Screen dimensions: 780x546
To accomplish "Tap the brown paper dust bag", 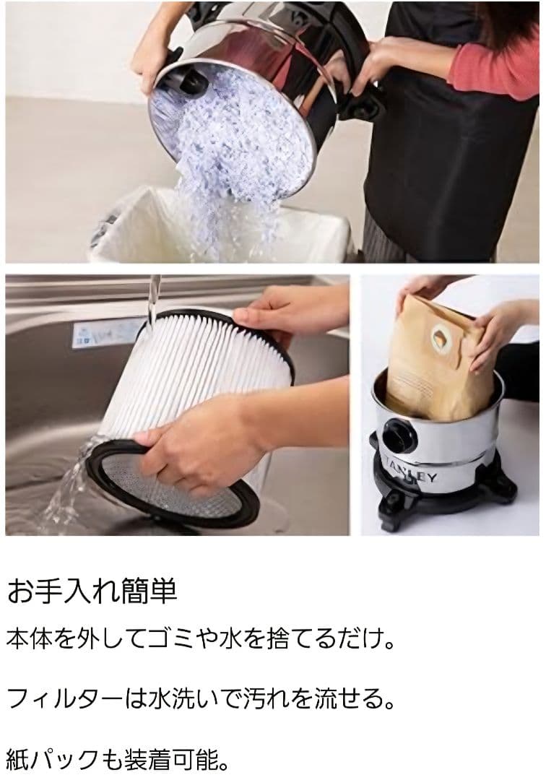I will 441,361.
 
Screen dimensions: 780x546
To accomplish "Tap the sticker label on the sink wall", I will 102,334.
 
